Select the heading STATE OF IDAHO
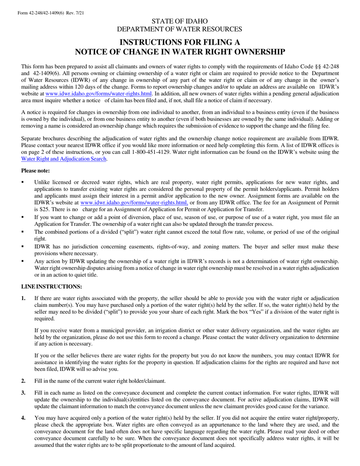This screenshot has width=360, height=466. coord(180,21)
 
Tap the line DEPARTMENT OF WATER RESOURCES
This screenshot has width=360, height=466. coord(180,29)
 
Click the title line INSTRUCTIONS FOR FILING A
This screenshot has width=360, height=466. coord(180,42)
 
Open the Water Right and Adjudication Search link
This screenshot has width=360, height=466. coord(64,159)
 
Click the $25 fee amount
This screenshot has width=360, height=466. coord(39,209)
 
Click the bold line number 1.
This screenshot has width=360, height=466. coord(23,299)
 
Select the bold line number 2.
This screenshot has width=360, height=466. coord(23,381)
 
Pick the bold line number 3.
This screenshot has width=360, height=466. coord(23,393)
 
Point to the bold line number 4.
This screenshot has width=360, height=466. coord(23,418)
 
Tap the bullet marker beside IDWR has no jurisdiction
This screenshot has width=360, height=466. coord(23,247)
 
